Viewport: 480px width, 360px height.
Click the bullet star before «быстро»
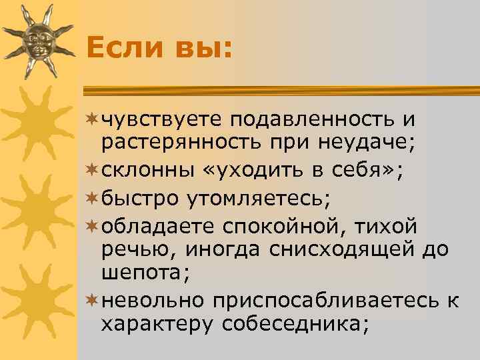coord(92,198)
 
